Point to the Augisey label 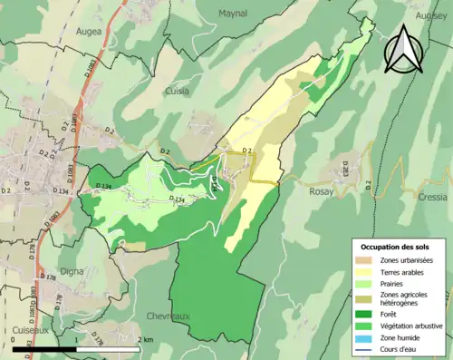(x=432, y=15)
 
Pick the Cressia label (x=433, y=196)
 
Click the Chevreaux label (x=169, y=316)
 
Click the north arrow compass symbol (x=402, y=49)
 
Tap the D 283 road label (x=344, y=170)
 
